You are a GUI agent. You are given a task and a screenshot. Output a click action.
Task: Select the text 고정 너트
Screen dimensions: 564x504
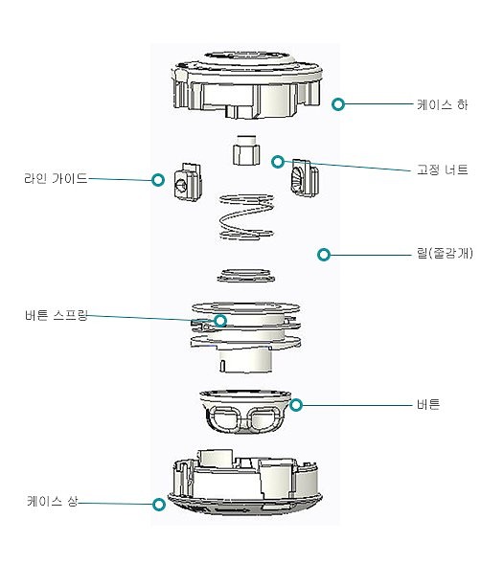(443, 169)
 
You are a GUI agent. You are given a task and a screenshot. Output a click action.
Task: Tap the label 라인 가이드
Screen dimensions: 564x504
(56, 178)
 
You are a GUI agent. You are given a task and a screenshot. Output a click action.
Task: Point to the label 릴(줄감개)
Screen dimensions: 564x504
(440, 255)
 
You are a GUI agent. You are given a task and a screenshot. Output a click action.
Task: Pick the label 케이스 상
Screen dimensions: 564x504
(52, 501)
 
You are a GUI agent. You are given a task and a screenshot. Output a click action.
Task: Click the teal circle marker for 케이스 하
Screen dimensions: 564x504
(337, 103)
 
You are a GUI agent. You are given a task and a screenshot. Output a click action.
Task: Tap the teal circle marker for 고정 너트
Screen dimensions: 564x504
(277, 161)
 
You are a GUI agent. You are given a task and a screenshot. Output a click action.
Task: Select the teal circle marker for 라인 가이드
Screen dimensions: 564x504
(158, 180)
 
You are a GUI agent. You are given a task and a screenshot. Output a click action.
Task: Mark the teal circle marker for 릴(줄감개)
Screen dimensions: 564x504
(324, 255)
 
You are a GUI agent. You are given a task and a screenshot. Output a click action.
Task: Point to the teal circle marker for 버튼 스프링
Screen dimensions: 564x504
(221, 321)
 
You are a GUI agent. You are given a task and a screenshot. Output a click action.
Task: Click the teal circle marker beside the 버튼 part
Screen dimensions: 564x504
(296, 405)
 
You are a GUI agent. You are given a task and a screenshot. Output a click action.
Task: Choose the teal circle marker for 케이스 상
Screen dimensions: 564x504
(157, 504)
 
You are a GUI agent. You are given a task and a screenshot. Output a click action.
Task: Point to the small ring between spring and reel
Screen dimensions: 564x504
(245, 275)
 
